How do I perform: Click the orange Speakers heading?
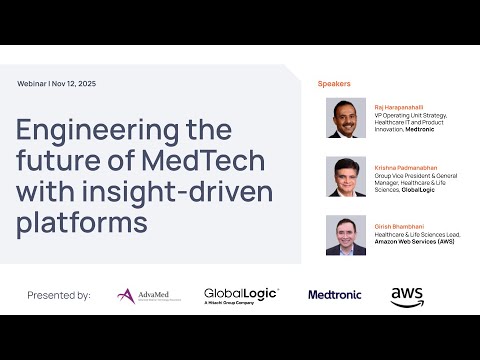point(336,83)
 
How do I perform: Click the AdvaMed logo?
point(148,295)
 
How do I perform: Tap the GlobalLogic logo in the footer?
point(241,295)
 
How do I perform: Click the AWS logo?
point(407,296)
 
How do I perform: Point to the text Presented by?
point(58,295)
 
